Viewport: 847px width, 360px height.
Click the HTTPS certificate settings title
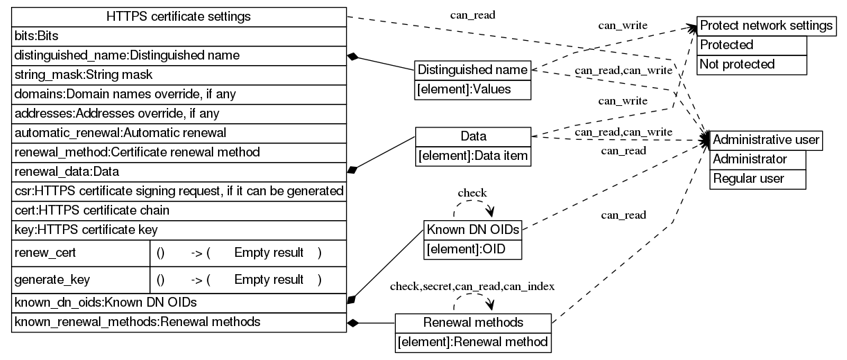tap(179, 16)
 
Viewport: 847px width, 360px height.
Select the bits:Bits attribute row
tap(179, 35)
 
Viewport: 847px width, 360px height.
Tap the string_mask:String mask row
tap(179, 73)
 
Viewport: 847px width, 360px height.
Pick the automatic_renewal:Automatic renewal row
tap(179, 132)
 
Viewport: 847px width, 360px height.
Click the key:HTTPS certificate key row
tap(179, 229)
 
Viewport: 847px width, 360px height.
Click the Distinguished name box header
tap(473, 70)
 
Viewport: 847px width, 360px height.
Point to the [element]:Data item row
tap(473, 157)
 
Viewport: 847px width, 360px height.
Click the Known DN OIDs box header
tap(473, 230)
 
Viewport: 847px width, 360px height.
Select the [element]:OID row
tap(473, 249)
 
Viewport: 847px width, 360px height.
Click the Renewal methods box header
tap(473, 323)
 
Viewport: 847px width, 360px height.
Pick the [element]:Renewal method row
tap(473, 342)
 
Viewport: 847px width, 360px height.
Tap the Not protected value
tap(751, 64)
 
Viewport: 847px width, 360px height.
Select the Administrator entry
tap(759, 159)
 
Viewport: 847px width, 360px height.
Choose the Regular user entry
tap(759, 179)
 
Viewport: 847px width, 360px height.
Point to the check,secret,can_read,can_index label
tap(473, 286)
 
